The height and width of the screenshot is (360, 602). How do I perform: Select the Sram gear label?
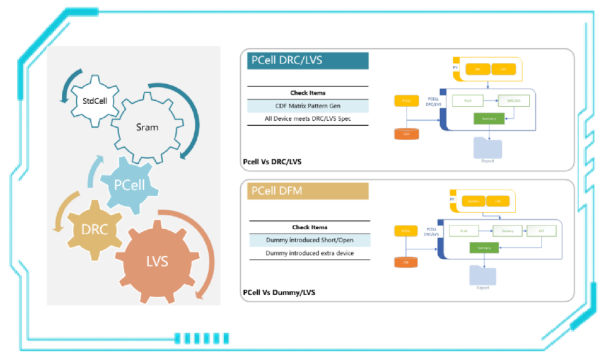(147, 127)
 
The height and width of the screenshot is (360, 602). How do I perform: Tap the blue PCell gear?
(129, 185)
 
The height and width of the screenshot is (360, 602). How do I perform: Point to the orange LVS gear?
(157, 261)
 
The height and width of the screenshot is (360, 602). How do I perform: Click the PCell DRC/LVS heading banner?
(308, 60)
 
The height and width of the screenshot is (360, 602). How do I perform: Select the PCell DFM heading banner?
(308, 191)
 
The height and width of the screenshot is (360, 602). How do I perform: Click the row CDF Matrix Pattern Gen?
(308, 106)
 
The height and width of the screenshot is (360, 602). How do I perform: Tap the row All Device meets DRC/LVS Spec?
(308, 118)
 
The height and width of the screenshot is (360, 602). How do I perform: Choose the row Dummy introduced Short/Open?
(309, 240)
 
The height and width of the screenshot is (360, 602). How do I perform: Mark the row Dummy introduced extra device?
(309, 253)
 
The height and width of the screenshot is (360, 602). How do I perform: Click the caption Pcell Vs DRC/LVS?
(272, 162)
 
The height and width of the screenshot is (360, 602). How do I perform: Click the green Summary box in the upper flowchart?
(489, 118)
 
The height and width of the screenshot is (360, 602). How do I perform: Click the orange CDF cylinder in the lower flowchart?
(406, 262)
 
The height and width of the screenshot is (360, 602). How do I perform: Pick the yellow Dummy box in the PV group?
(473, 201)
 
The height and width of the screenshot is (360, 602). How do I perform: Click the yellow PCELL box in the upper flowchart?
(406, 100)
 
